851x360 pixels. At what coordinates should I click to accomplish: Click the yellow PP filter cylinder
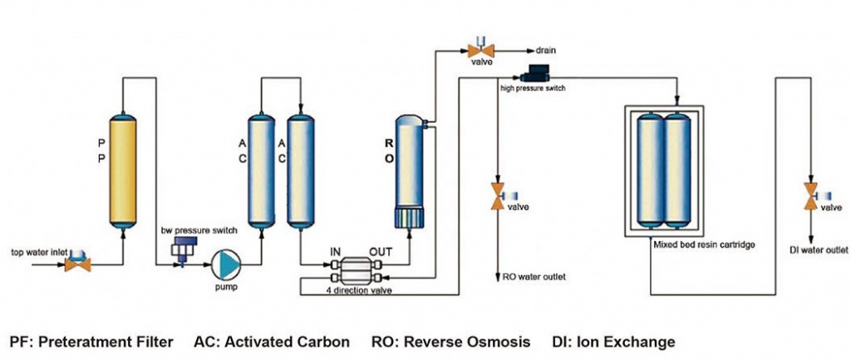(x=123, y=170)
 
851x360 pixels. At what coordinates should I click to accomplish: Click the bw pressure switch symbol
(x=180, y=248)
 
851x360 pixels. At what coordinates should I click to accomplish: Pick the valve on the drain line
(x=481, y=50)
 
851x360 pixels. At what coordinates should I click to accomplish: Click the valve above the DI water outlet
(x=811, y=200)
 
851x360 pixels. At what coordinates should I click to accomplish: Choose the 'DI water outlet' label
(x=819, y=249)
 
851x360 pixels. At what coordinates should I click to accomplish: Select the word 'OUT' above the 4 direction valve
(x=380, y=249)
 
